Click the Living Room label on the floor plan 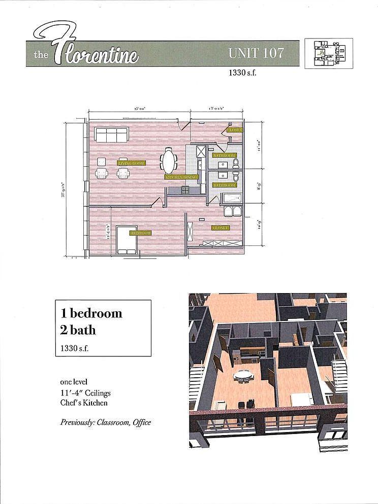[x=132, y=163]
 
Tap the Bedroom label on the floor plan [x=140, y=233]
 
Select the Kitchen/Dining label [x=180, y=177]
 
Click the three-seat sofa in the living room [x=111, y=135]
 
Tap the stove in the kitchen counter [x=185, y=191]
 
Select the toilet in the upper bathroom [x=235, y=163]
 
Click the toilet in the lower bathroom [x=235, y=177]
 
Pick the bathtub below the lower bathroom [x=233, y=198]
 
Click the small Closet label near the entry [x=234, y=130]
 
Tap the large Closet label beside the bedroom [x=220, y=228]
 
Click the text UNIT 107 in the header [x=256, y=53]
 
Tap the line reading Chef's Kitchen [x=83, y=403]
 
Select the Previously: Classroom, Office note [x=105, y=422]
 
